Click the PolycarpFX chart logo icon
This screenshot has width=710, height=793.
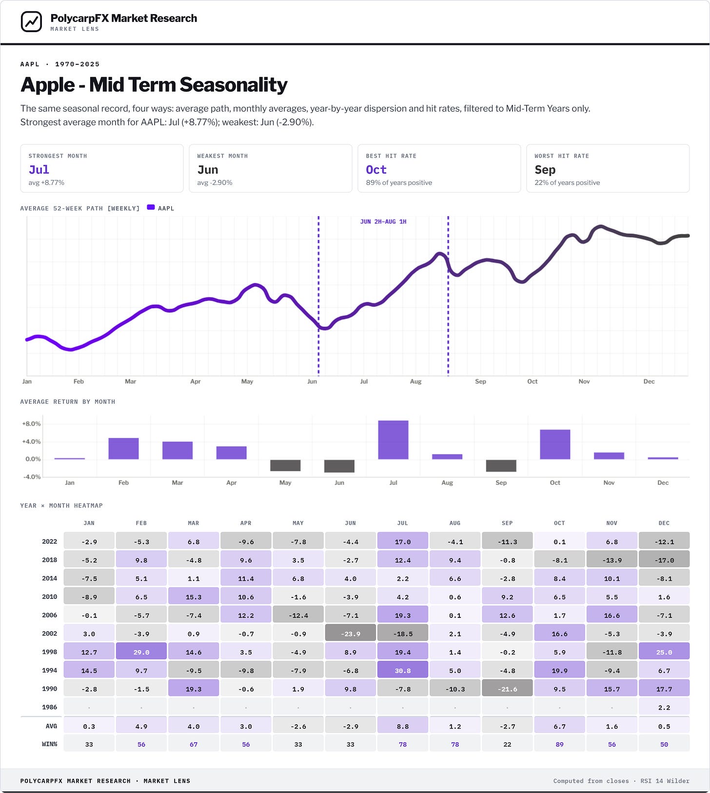(32, 21)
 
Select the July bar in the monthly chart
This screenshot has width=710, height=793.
(393, 440)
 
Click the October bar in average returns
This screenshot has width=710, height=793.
(555, 444)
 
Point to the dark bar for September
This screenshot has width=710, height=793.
(501, 465)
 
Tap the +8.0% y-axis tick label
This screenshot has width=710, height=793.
(31, 424)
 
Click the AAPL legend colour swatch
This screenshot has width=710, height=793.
(151, 208)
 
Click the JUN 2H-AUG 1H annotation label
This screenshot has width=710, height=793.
(383, 221)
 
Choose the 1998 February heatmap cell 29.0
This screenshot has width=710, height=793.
(141, 652)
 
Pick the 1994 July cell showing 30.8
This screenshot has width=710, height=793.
(403, 671)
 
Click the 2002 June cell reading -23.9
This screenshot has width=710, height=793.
(351, 634)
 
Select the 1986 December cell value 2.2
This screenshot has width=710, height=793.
(664, 707)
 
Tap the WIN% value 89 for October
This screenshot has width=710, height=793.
(559, 744)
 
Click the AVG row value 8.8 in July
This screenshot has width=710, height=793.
(403, 726)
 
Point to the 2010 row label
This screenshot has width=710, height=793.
(50, 596)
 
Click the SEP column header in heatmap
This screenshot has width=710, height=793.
(507, 523)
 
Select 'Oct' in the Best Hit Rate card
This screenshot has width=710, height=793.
(376, 170)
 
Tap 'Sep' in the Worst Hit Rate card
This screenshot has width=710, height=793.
(545, 170)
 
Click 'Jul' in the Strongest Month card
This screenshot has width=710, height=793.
(39, 170)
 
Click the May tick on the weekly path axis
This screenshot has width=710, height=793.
(247, 381)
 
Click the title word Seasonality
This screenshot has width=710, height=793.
(234, 85)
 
